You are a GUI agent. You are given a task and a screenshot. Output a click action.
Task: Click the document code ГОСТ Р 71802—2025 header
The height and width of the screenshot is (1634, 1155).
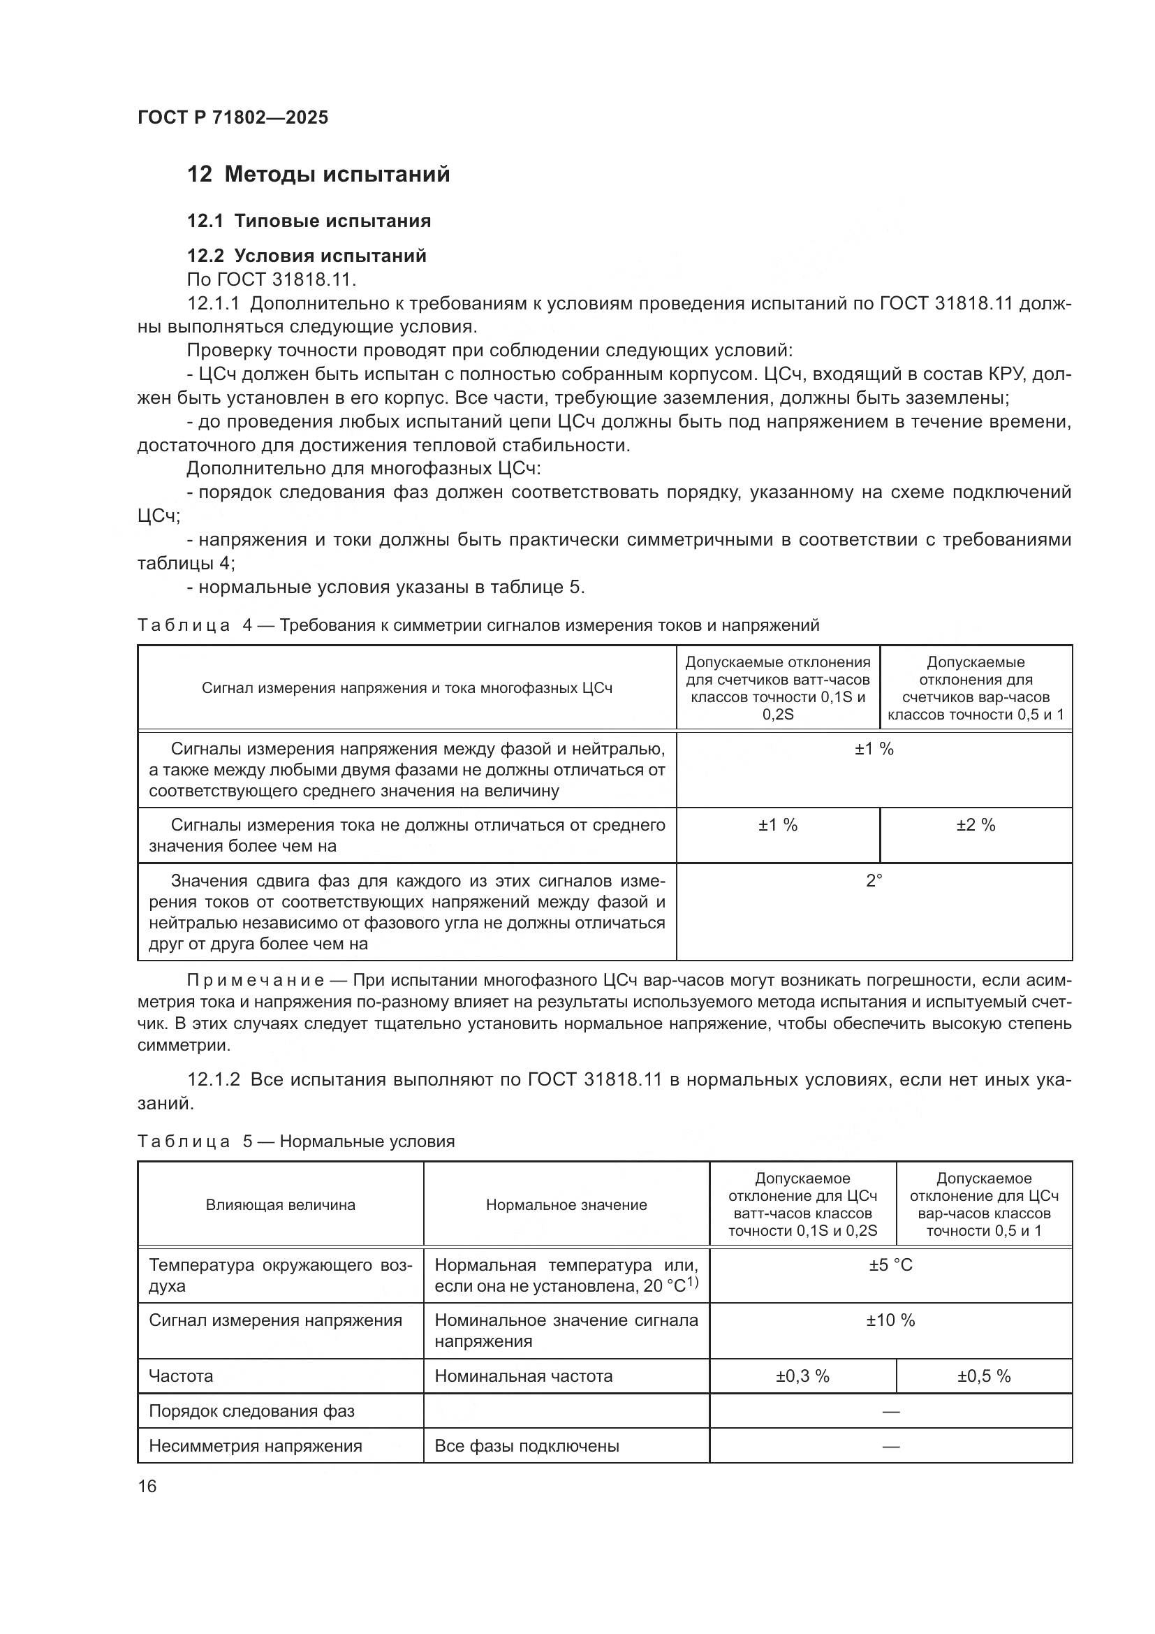(x=233, y=117)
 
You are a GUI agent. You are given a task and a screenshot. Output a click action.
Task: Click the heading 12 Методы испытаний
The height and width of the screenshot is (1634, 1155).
(x=318, y=175)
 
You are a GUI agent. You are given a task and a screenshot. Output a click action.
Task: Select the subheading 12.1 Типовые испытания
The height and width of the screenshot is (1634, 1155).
(x=309, y=221)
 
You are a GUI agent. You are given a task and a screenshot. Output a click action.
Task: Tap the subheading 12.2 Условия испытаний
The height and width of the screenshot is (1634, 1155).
(x=307, y=256)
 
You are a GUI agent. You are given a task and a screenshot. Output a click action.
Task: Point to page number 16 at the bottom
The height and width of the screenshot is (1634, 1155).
(x=147, y=1486)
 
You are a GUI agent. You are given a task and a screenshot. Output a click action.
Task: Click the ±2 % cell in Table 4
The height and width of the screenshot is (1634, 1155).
(x=975, y=825)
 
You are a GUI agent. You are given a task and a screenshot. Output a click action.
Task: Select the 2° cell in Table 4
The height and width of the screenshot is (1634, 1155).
(x=874, y=880)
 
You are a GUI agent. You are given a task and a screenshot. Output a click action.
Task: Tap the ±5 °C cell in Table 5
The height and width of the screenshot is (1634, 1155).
(x=890, y=1264)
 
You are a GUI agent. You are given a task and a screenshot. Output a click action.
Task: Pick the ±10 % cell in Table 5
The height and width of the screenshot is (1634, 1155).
(x=890, y=1320)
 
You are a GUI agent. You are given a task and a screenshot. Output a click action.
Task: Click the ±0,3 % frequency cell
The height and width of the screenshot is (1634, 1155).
(x=802, y=1376)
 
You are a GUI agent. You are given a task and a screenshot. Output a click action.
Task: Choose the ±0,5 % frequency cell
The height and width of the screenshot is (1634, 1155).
(x=984, y=1376)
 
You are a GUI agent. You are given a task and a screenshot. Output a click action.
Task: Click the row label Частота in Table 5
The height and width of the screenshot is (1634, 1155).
(x=181, y=1376)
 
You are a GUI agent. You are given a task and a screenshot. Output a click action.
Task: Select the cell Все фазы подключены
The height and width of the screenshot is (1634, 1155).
(x=527, y=1445)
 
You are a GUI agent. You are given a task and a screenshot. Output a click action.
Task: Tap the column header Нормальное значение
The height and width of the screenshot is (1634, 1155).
(x=566, y=1205)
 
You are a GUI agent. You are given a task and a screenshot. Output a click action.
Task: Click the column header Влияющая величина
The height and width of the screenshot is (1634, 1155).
(x=280, y=1205)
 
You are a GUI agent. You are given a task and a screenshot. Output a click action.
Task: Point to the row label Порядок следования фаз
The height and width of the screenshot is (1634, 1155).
(x=251, y=1410)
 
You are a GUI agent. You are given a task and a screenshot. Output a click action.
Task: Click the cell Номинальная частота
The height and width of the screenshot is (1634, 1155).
(x=524, y=1376)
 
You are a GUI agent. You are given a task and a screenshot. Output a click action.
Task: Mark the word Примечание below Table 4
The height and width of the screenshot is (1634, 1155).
(x=256, y=981)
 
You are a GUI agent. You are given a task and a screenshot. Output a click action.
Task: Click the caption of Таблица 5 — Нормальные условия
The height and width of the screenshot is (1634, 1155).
(x=296, y=1141)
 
